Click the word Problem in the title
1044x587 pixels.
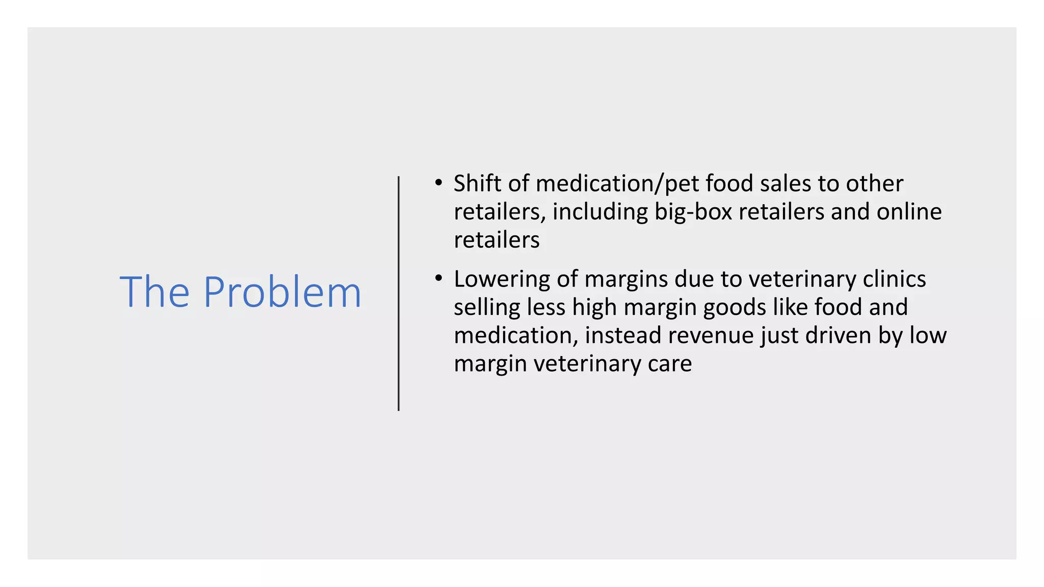(x=282, y=292)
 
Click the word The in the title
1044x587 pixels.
(x=154, y=292)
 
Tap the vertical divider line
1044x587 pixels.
(x=399, y=293)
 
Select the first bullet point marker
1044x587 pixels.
(x=438, y=182)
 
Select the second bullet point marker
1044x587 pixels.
(x=438, y=278)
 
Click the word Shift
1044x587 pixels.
(x=477, y=183)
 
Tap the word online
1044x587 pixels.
(x=909, y=212)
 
